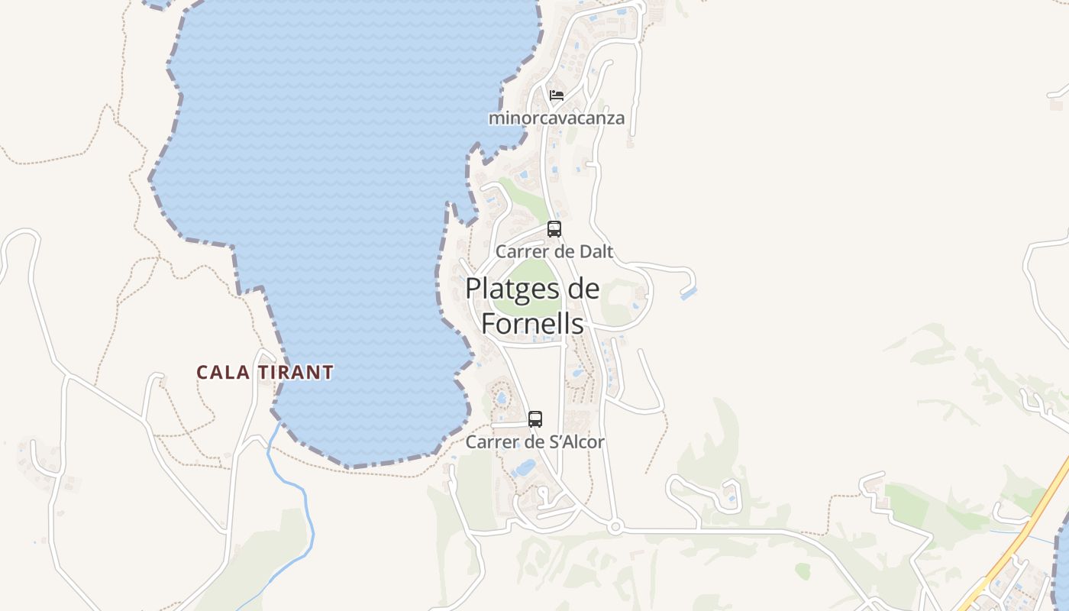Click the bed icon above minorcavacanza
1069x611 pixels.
tap(557, 95)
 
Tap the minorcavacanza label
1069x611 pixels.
tap(557, 118)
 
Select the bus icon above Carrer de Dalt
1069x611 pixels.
tap(554, 228)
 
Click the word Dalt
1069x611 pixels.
tap(596, 251)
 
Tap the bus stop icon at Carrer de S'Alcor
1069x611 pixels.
tap(535, 419)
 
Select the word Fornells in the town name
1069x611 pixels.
tap(532, 323)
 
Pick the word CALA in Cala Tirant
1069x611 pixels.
tap(222, 373)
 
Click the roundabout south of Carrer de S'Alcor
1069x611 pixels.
tap(615, 526)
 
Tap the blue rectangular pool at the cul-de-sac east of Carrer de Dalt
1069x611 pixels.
tap(689, 293)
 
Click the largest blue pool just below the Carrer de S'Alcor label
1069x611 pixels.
tap(525, 467)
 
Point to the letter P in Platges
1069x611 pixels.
tap(473, 289)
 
